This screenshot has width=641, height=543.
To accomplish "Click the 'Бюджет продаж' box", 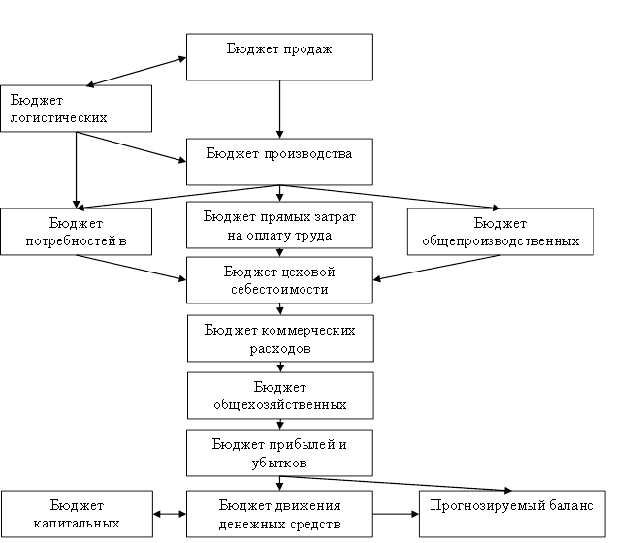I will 279,58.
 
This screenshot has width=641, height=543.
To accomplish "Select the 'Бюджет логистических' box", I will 77,109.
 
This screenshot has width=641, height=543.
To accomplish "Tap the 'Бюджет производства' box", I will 279,162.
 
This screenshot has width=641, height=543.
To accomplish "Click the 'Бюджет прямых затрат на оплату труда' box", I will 279,226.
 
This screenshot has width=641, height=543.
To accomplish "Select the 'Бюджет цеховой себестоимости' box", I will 279,280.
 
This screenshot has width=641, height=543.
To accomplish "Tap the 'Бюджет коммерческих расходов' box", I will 279,338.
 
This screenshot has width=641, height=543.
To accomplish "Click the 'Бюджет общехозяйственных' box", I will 279,396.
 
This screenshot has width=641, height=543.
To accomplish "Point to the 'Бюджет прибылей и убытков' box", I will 279,453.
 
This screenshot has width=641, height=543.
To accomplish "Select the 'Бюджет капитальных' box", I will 77,514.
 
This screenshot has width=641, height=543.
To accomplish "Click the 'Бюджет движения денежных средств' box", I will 279,514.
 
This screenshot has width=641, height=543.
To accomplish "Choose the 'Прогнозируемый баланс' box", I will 511,514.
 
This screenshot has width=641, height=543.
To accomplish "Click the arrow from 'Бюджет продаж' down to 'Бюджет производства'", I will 279,109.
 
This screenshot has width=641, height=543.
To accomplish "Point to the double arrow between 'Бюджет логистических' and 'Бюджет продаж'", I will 137,71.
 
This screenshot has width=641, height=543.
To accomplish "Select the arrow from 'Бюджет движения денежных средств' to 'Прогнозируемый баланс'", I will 396,514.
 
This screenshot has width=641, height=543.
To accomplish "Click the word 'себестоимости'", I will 279,289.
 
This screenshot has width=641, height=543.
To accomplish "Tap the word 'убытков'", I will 279,463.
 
